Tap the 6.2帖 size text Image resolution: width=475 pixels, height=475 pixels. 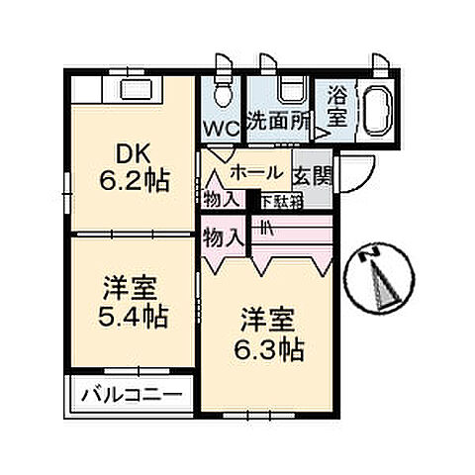point(139,181)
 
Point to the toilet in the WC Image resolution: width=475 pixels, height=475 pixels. point(223,94)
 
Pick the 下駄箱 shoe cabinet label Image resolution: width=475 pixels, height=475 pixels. point(277,200)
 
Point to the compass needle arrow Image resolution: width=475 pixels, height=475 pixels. point(378,286)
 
